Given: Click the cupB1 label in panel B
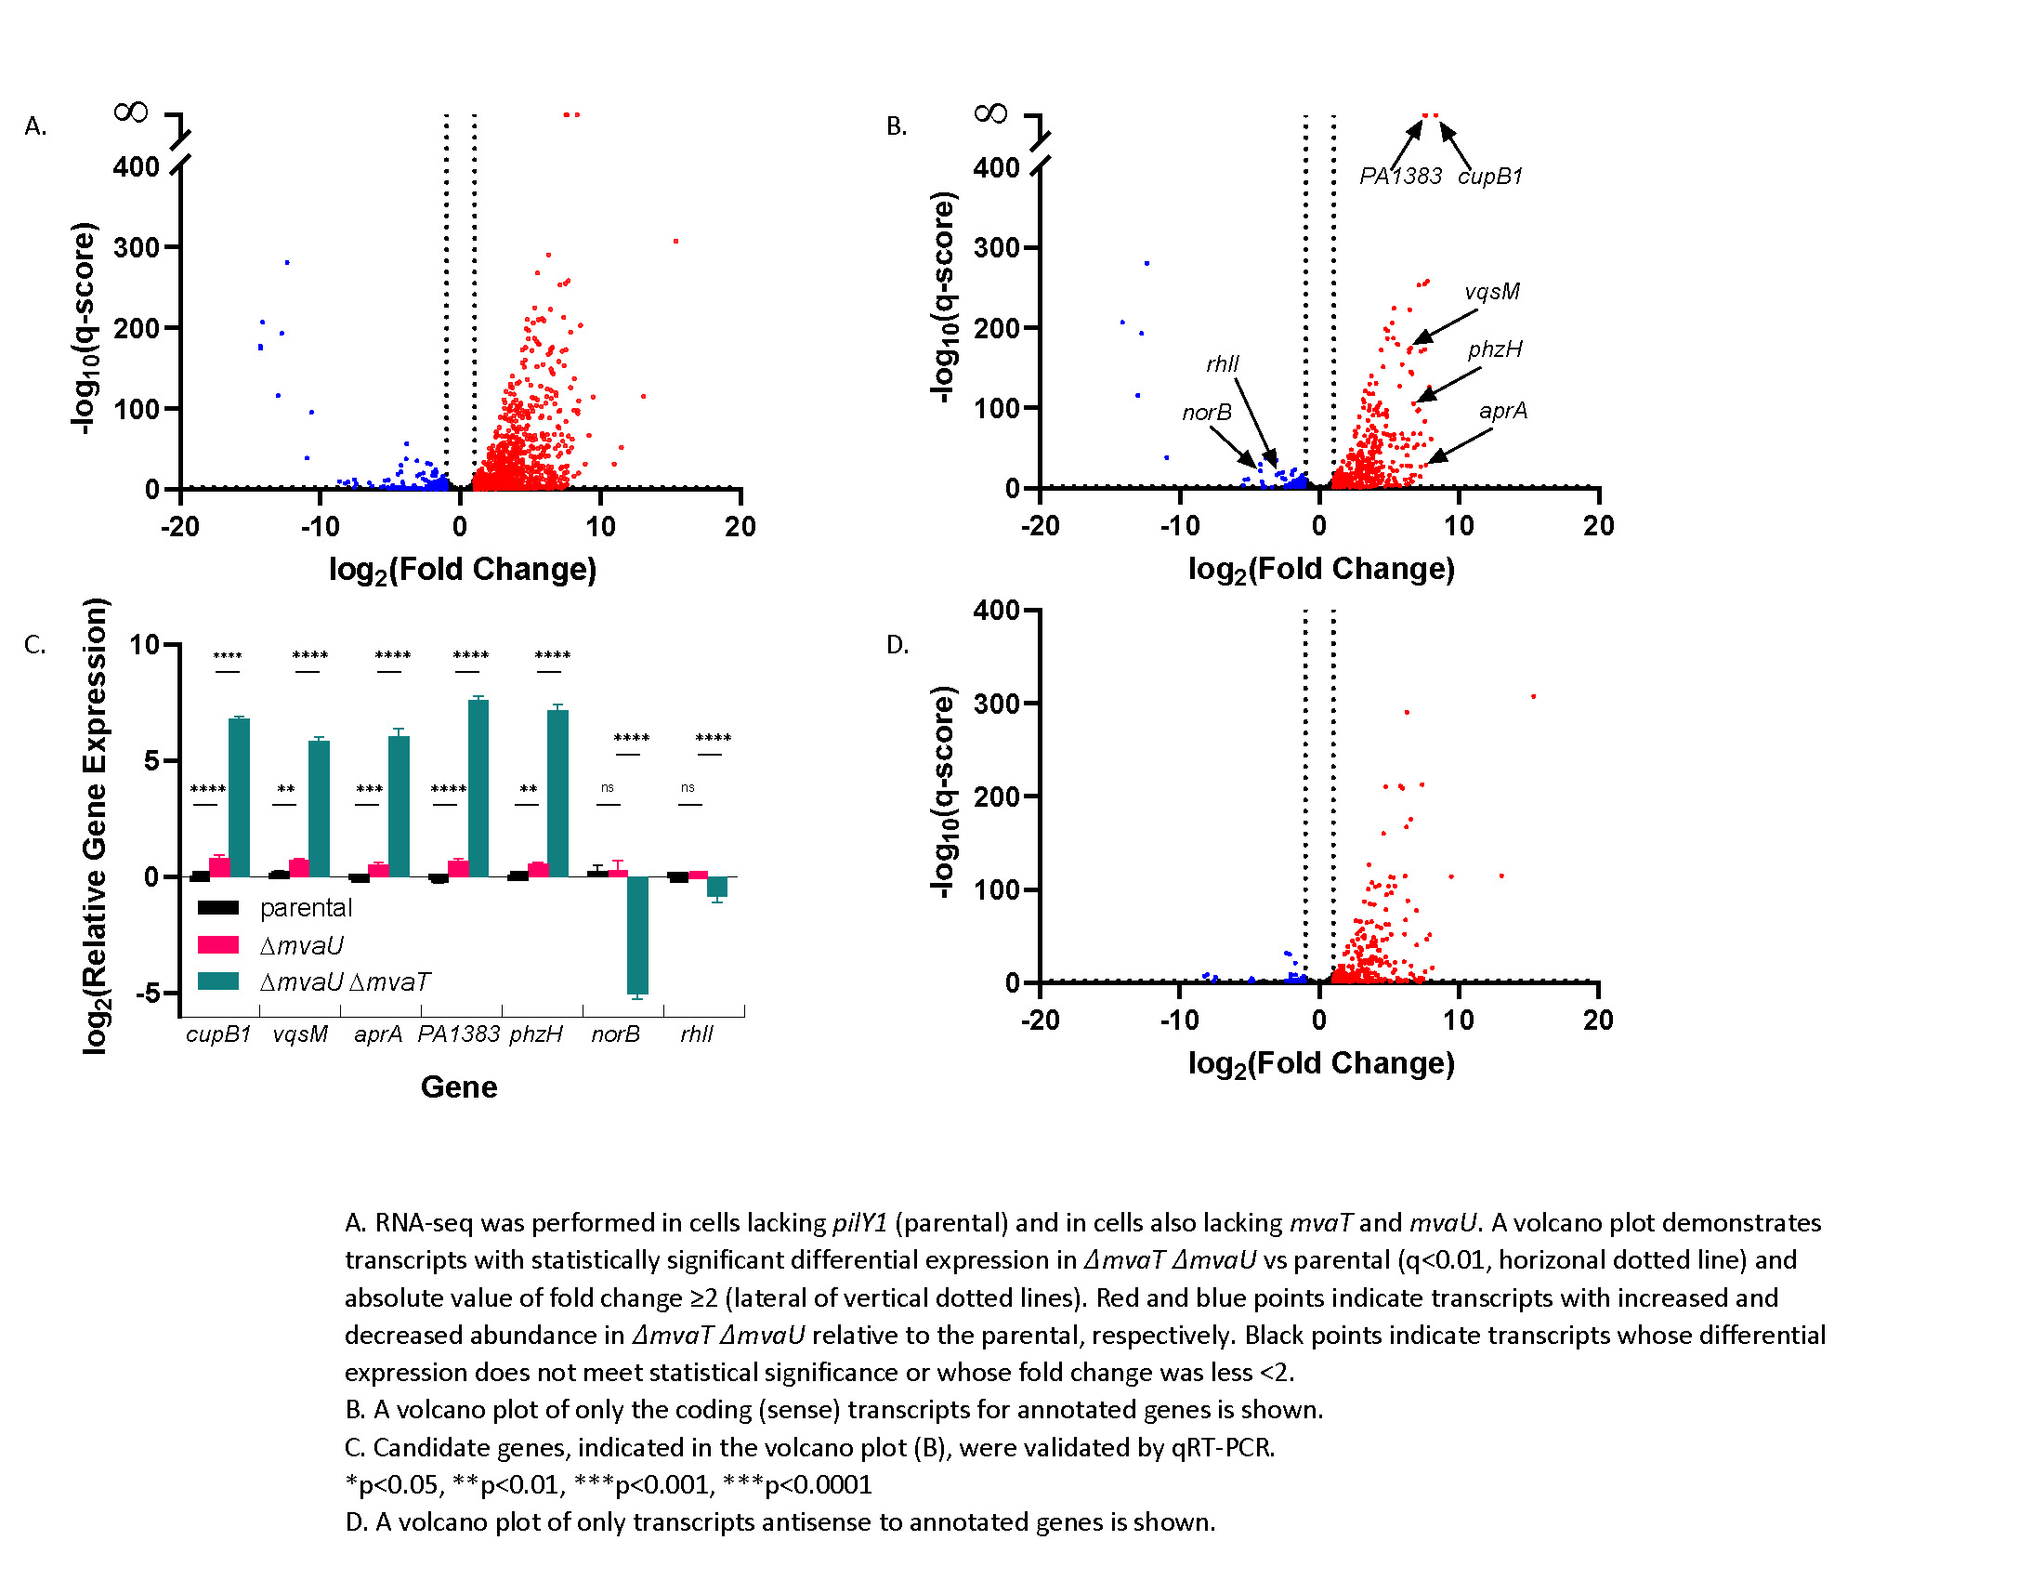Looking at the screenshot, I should pyautogui.click(x=1490, y=176).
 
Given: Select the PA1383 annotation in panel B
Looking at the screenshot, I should pyautogui.click(x=1400, y=176).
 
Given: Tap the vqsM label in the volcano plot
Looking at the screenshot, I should pyautogui.click(x=1492, y=292).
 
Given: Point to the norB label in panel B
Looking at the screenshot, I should pyautogui.click(x=1206, y=413).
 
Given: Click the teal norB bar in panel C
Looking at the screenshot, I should pyautogui.click(x=637, y=934).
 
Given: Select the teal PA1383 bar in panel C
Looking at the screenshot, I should pyautogui.click(x=478, y=788).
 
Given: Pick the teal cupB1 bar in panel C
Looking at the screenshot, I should pyautogui.click(x=240, y=797).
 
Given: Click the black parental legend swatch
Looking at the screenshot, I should pyautogui.click(x=218, y=907).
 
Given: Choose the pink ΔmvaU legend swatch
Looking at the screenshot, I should pyautogui.click(x=218, y=945).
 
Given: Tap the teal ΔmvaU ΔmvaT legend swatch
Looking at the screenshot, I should pyautogui.click(x=218, y=981).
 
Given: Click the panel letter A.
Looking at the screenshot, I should pyautogui.click(x=34, y=126).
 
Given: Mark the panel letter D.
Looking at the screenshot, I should pyautogui.click(x=897, y=645).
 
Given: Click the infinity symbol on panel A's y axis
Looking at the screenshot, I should pyautogui.click(x=130, y=113).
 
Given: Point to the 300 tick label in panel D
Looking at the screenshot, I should pyautogui.click(x=996, y=703).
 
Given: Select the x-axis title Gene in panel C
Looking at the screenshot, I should pyautogui.click(x=459, y=1086).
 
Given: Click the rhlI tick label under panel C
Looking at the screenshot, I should pyautogui.click(x=696, y=1034).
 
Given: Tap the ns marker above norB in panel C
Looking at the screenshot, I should pyautogui.click(x=608, y=788).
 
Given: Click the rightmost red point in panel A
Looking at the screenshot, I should pyautogui.click(x=675, y=242).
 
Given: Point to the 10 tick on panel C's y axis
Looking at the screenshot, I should pyautogui.click(x=145, y=645).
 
